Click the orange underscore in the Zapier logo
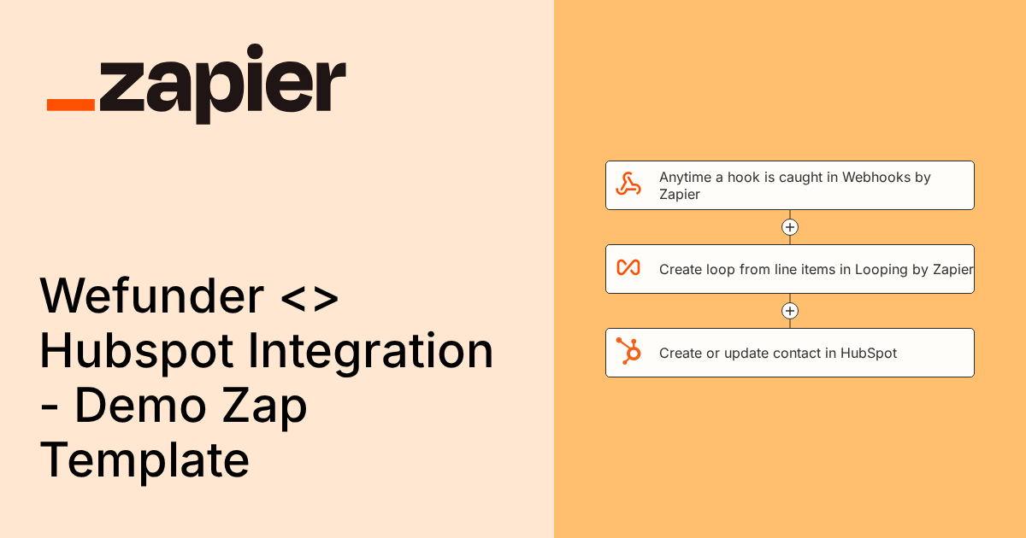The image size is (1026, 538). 71,104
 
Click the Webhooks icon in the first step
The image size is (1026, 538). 629,184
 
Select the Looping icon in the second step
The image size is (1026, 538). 628,268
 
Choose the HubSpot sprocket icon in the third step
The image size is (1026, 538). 629,352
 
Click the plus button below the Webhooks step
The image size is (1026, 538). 790,227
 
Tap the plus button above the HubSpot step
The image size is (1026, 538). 790,311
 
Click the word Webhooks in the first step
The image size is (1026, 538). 876,177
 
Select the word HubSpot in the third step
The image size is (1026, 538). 869,353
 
